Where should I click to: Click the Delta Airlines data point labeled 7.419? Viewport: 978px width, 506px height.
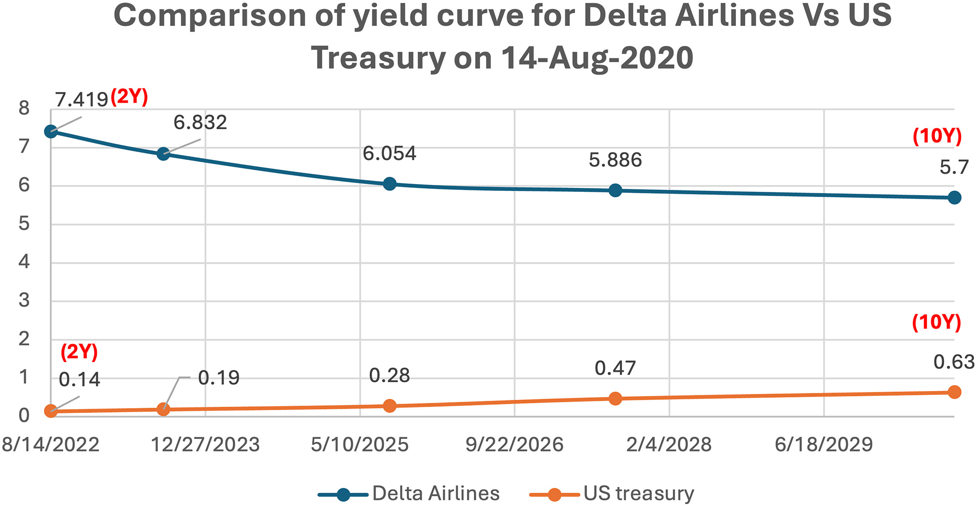[50, 131]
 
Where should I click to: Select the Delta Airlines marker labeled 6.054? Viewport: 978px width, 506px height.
[389, 184]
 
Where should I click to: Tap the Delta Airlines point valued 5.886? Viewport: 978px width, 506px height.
[616, 190]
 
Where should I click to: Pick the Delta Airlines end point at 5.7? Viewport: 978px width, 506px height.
[954, 198]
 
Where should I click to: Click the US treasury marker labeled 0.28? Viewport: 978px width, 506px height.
[389, 406]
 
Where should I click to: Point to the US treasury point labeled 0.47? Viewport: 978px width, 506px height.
[616, 398]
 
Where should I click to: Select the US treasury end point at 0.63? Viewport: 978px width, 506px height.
[954, 392]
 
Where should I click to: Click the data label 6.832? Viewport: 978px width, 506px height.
[200, 122]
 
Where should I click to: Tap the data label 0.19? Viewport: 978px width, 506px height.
[219, 378]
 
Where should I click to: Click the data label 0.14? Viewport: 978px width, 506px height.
[79, 380]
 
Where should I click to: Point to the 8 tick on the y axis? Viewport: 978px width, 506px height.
[24, 109]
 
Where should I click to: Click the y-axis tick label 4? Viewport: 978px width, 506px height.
[24, 262]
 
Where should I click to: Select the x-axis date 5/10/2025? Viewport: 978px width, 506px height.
[360, 445]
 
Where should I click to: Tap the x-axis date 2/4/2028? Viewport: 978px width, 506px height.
[669, 445]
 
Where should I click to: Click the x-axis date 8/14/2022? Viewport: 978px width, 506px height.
[51, 445]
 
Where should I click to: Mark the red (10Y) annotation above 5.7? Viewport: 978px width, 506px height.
[937, 136]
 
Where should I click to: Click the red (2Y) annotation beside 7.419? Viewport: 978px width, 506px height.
[129, 97]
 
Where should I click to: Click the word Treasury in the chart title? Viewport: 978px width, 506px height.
[378, 58]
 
